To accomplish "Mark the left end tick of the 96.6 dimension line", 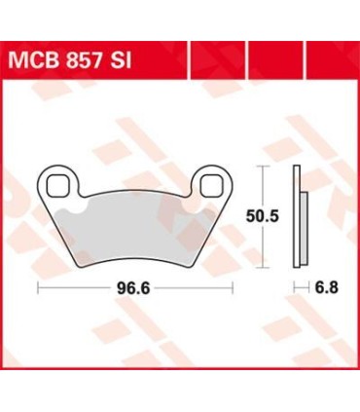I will coord(38,287).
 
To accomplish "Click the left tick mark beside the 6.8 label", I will coord(296,287).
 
